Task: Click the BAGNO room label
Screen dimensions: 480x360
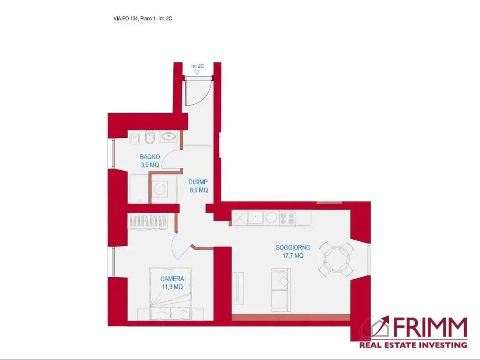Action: (x=150, y=157)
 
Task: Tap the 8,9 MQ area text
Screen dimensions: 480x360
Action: (x=199, y=190)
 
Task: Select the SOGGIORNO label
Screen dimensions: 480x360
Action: (x=293, y=247)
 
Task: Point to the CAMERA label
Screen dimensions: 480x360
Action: (x=172, y=279)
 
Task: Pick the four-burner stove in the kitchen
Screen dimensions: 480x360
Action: (x=287, y=219)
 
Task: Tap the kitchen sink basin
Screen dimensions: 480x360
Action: (x=255, y=218)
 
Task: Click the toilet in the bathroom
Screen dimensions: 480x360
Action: (x=150, y=137)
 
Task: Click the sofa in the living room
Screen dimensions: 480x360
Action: (x=281, y=290)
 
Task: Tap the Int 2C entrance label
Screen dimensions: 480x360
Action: (x=197, y=66)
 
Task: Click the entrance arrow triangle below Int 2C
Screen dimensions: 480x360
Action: (x=197, y=73)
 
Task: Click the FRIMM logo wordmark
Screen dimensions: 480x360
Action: (x=430, y=327)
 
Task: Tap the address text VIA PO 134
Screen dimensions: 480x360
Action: (x=125, y=19)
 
